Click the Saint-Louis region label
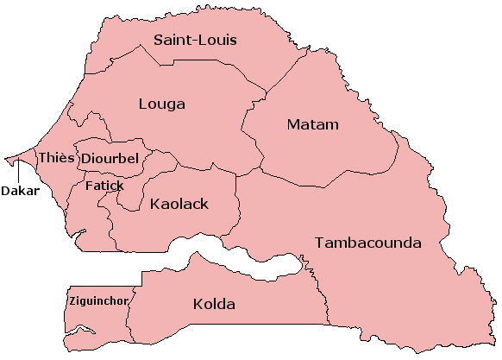pyautogui.click(x=195, y=40)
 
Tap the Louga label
pyautogui.click(x=161, y=104)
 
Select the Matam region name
pyautogui.click(x=312, y=125)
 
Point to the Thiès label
pyautogui.click(x=56, y=158)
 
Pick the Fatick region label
pyautogui.click(x=104, y=186)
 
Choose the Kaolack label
pyautogui.click(x=180, y=205)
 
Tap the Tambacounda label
pyautogui.click(x=368, y=243)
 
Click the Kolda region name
pyautogui.click(x=214, y=305)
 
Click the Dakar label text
pyautogui.click(x=20, y=191)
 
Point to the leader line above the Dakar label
pyautogui.click(x=17, y=172)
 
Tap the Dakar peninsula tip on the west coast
pyautogui.click(x=6, y=160)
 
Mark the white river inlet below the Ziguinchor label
pyautogui.click(x=84, y=329)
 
